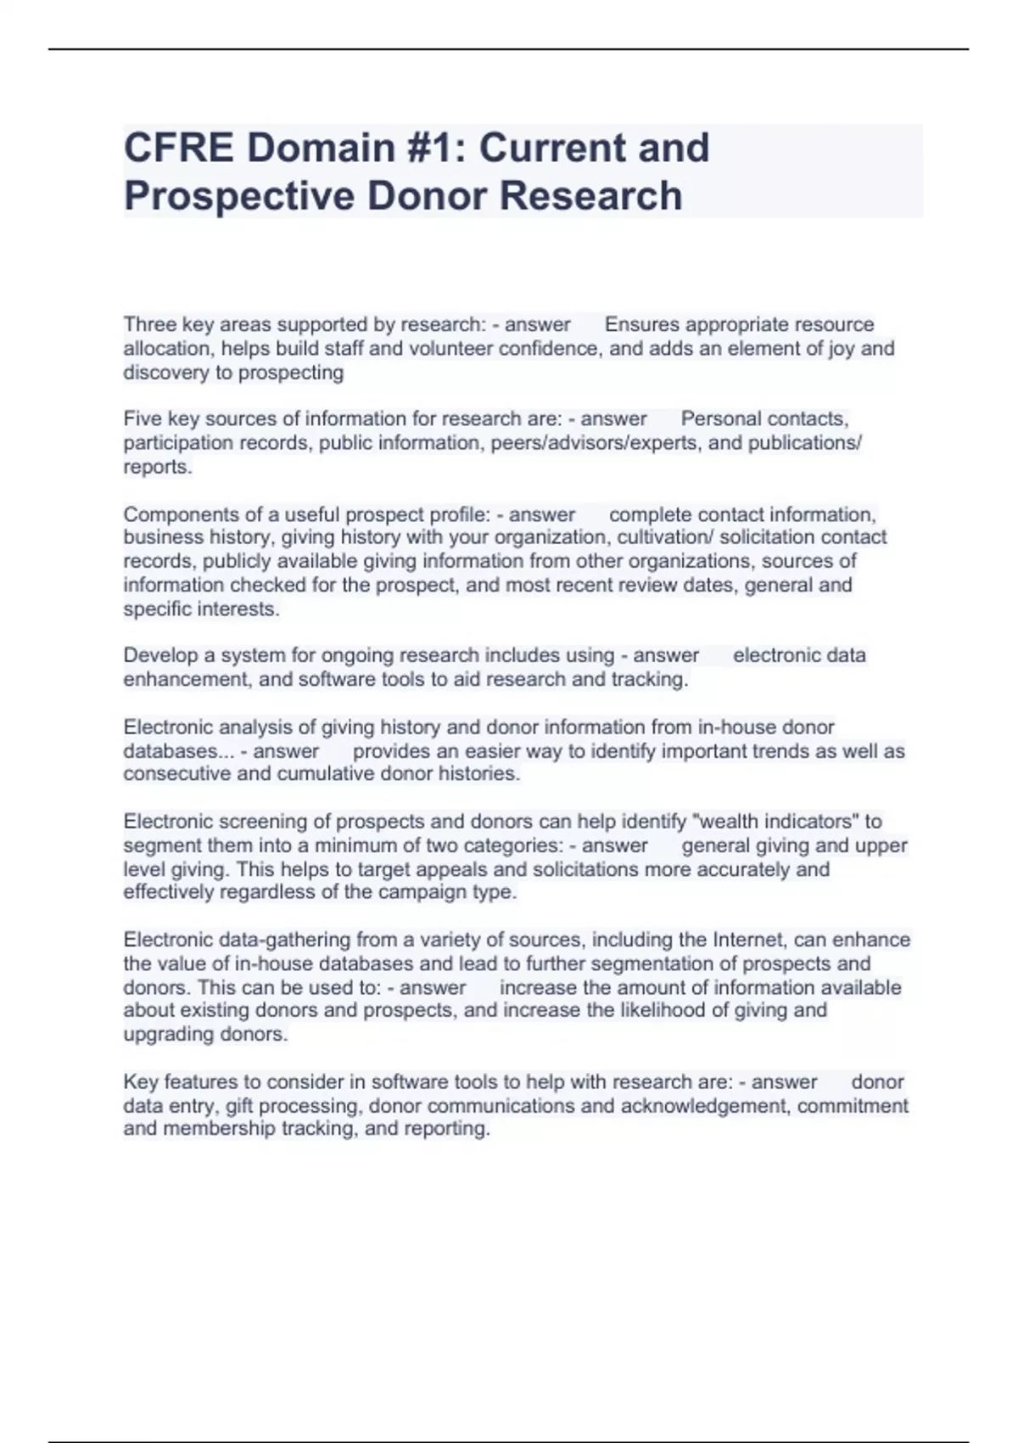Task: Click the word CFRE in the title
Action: click(x=178, y=148)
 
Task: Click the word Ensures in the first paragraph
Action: click(x=641, y=324)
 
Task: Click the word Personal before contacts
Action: click(x=718, y=418)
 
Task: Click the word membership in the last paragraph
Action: click(x=220, y=1129)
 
